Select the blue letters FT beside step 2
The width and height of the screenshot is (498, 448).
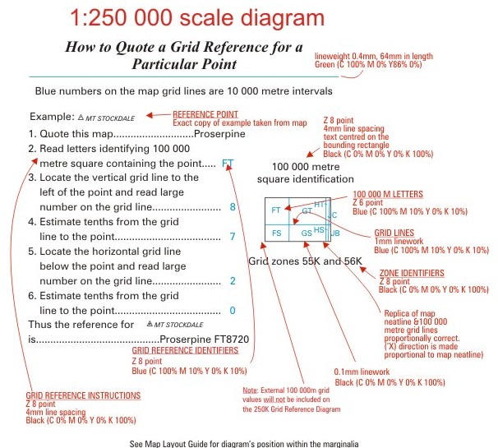coord(228,163)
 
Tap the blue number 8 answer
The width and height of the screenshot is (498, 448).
coord(233,207)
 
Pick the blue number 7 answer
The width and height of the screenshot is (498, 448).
coord(233,237)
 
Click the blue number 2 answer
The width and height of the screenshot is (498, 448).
coord(233,281)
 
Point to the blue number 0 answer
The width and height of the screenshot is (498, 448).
coord(233,311)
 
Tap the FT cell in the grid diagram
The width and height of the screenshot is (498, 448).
coord(276,210)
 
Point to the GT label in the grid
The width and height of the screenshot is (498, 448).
coord(306,211)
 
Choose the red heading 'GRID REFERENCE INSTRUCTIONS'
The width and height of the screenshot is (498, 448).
coord(83,395)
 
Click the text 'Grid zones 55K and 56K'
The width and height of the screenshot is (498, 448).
coord(305,261)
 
